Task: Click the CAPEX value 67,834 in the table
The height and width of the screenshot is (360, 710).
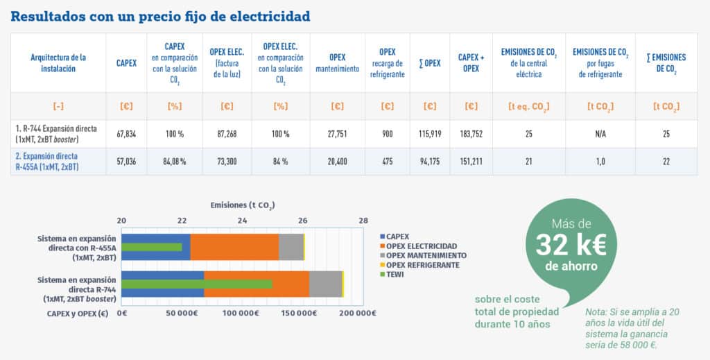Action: (126, 134)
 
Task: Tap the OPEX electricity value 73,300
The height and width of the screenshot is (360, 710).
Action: (226, 162)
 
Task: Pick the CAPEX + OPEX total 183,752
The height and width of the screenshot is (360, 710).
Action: (471, 134)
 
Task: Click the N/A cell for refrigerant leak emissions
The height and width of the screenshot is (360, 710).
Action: (600, 134)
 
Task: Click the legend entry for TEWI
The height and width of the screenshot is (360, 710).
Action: (396, 274)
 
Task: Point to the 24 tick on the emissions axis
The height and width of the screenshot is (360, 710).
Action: (242, 221)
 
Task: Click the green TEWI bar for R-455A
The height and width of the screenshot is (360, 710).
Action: (152, 247)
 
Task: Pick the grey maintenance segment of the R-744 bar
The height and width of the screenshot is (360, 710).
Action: (325, 284)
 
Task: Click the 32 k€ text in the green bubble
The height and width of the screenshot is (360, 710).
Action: (571, 245)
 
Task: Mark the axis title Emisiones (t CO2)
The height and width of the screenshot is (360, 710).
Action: (242, 205)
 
